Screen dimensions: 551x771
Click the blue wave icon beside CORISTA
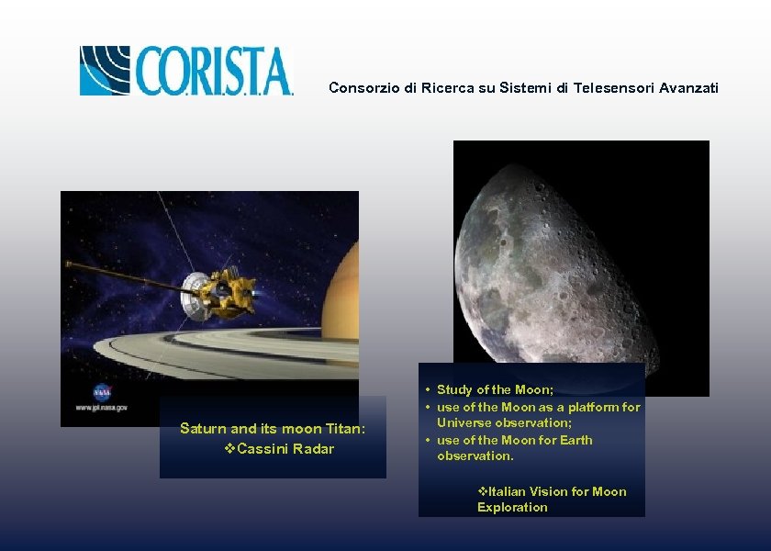coord(106,71)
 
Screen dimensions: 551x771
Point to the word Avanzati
coord(688,88)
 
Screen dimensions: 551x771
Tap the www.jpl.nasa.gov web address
coord(95,407)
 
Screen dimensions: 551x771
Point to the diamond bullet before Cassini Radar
coord(229,449)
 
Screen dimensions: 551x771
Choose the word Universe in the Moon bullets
coord(467,423)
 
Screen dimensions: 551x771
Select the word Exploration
coord(512,507)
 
